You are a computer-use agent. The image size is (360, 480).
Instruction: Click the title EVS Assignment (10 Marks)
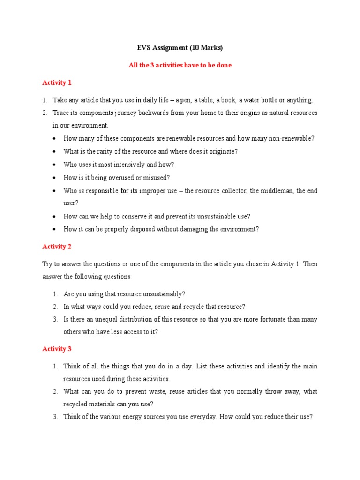pos(180,47)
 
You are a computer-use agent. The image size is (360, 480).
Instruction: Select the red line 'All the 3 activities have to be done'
pos(180,65)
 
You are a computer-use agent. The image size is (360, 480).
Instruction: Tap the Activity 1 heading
pos(57,82)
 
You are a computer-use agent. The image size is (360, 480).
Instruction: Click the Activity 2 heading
pos(57,247)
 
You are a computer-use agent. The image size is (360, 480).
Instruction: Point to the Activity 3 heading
pos(57,349)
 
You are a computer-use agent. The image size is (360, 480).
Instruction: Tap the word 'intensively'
pos(131,165)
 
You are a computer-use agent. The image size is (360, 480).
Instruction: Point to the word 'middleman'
pos(274,191)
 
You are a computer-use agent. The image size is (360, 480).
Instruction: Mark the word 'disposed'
pos(140,229)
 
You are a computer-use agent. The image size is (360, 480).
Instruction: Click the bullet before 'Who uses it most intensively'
pos(55,165)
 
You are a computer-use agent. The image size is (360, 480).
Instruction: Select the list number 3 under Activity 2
pos(55,319)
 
